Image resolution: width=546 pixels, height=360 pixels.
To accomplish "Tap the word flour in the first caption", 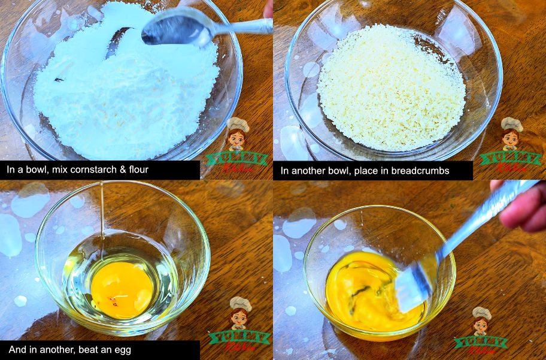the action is coord(138,170).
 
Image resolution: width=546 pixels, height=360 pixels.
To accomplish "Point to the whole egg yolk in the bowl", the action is coord(122,290).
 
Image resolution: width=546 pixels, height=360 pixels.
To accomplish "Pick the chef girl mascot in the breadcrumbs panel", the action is coord(511,134).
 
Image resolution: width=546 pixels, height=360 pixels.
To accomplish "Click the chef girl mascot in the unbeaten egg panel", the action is coord(240,313).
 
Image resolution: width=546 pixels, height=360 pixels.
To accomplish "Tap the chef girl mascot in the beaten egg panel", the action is coord(481,321).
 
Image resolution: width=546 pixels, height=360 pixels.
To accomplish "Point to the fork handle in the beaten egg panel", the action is coord(487,219).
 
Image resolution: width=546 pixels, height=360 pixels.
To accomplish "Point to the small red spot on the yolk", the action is coord(112,299).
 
